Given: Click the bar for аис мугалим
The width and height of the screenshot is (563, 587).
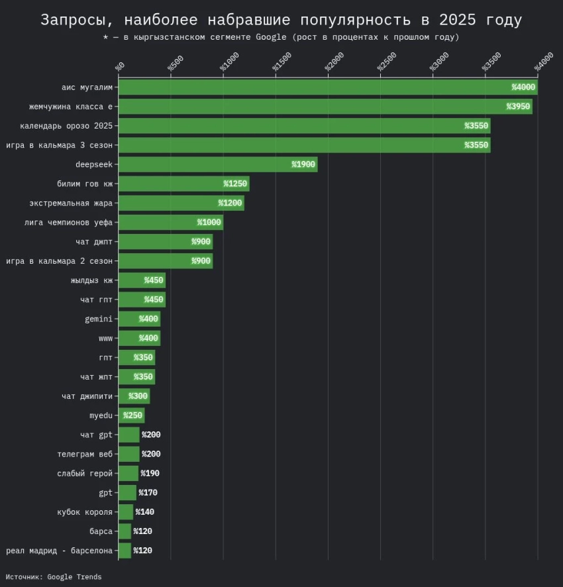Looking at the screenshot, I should tap(328, 87).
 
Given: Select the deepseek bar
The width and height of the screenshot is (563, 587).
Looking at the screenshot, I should tap(217, 164).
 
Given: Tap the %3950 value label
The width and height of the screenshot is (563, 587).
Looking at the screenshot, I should tap(518, 107).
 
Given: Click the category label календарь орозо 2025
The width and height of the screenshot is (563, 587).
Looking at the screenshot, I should tap(66, 126).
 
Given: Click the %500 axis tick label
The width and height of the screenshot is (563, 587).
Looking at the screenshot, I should tap(175, 63).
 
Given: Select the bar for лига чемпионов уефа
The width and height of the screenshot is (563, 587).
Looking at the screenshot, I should tap(170, 223).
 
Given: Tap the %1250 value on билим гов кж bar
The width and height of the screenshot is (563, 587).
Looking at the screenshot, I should tap(235, 184).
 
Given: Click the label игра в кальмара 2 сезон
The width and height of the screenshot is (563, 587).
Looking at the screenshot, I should tap(60, 261).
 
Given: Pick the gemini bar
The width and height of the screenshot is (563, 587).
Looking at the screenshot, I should tap(139, 319).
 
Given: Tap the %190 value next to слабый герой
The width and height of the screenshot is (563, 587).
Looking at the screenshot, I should tap(150, 474).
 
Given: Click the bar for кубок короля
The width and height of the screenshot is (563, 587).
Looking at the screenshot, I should tap(125, 512).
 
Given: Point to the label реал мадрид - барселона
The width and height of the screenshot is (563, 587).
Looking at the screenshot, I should tap(60, 551).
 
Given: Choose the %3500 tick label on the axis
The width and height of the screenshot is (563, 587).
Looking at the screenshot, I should tap(491, 62).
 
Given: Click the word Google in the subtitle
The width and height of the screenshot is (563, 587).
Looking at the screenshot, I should tap(270, 37).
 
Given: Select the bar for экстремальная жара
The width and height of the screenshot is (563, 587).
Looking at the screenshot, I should tap(181, 203).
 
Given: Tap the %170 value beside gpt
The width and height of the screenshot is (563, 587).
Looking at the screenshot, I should tap(148, 493).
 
